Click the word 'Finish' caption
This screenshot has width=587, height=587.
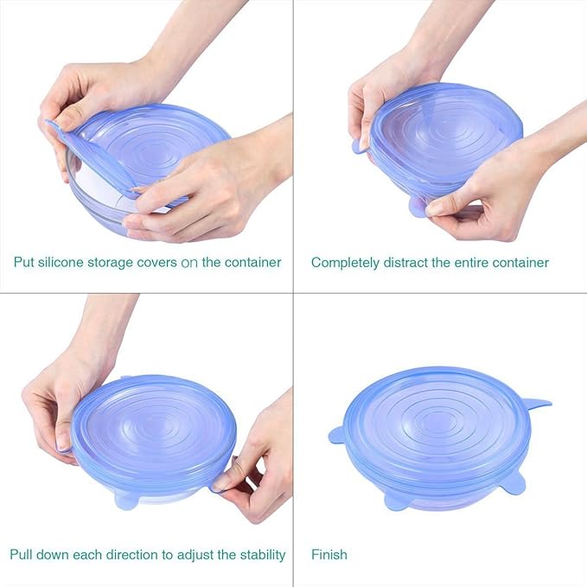(329, 554)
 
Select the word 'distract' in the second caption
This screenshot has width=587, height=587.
(405, 263)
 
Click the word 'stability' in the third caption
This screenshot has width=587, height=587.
(263, 555)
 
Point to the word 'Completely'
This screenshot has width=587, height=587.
(346, 263)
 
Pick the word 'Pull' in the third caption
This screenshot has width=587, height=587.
(21, 554)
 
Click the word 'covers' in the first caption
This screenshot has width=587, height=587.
(156, 263)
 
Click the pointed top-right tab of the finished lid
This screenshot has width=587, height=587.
(536, 404)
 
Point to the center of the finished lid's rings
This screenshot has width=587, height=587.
(437, 423)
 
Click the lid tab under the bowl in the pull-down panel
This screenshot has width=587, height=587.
(126, 501)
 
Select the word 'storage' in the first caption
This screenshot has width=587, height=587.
(110, 263)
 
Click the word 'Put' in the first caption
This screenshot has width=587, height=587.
(24, 262)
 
